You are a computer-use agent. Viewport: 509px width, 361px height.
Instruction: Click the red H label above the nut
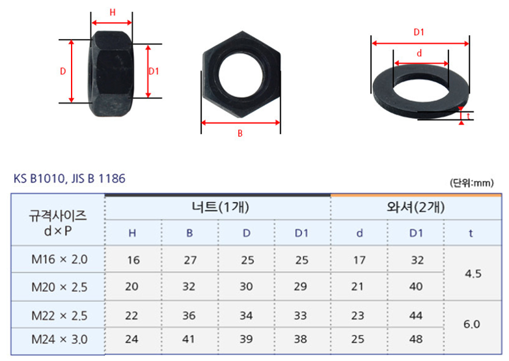[113, 12]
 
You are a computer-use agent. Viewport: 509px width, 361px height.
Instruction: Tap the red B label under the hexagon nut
[240, 133]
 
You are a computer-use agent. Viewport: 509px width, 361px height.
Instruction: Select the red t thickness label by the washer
[468, 116]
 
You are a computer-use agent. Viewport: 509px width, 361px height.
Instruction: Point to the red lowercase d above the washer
[419, 53]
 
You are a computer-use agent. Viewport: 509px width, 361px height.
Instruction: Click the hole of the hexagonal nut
[240, 74]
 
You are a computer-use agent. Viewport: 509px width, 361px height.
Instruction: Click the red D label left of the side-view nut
[63, 71]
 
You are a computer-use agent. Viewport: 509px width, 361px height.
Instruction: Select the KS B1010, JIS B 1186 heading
[70, 179]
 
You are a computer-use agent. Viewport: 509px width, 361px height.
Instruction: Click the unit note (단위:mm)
[472, 183]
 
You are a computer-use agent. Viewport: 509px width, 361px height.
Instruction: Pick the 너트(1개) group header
[221, 207]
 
